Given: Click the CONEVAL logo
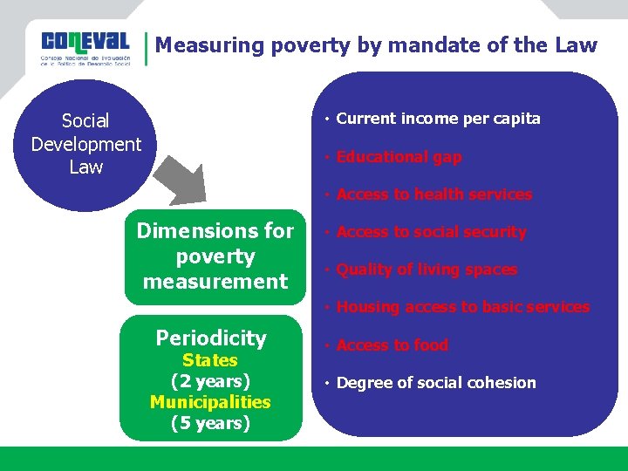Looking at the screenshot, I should pos(85,49).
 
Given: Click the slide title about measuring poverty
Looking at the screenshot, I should pos(376,45).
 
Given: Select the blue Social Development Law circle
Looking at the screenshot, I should pos(85,145).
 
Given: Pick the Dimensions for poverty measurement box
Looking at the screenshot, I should pos(215,256).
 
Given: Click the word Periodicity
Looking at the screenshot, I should pos(211,338).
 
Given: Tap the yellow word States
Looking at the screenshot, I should pos(210,360).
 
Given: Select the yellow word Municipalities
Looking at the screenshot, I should pos(210,402).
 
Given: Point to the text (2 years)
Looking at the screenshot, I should pos(210,381).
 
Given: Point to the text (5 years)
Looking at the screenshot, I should pos(210,424).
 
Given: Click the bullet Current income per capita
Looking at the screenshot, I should pos(438,119).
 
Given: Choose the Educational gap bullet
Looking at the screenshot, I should pos(399,157).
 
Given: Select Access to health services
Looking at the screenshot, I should pos(433,195).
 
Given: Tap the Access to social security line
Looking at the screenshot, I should pos(431,232).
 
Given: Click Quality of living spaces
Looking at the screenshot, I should pos(427,270).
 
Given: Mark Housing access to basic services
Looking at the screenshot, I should pos(462,307).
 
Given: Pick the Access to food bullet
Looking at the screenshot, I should pos(392,345).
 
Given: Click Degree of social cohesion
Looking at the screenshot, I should pos(436,383).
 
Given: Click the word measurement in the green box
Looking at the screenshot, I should pos(215,282).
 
